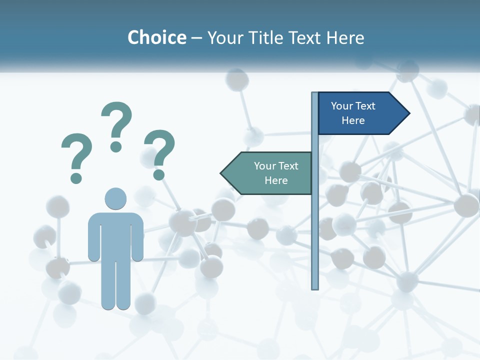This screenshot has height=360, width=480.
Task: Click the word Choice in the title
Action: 156,37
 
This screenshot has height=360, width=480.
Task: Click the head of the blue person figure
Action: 115,198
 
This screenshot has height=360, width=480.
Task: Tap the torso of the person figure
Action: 115,235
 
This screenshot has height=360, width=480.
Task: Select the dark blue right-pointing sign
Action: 357,113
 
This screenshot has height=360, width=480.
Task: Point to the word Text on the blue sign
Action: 365,106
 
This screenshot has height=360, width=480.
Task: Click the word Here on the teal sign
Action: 276,180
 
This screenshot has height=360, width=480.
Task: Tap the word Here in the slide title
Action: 344,37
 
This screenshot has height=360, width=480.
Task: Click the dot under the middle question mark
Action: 116,146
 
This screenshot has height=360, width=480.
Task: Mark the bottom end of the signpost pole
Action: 315,287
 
